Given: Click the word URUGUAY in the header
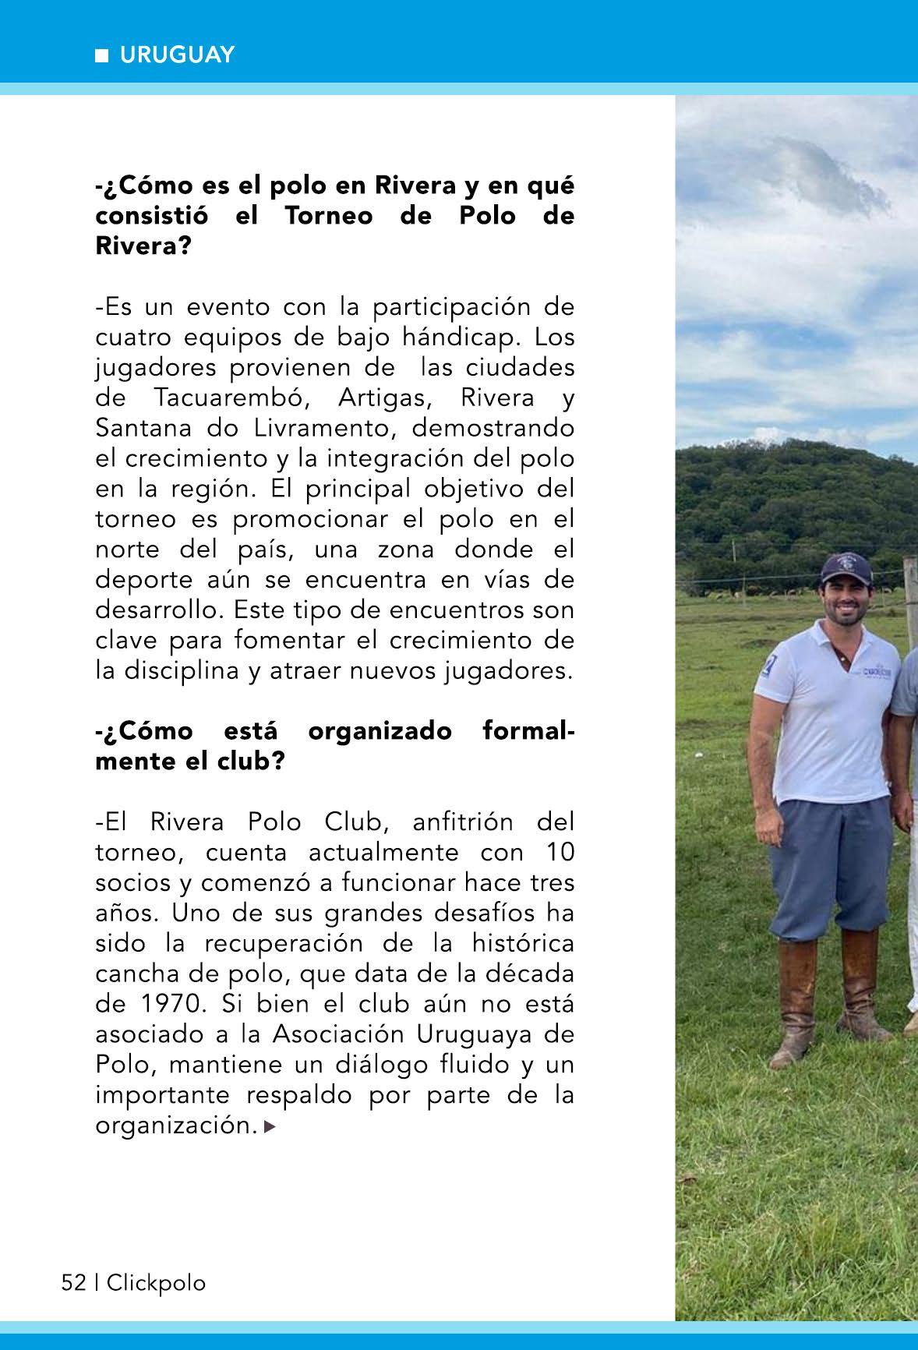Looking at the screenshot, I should [177, 55].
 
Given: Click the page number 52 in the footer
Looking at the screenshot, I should [73, 1282].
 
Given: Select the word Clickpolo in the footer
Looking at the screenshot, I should [157, 1282].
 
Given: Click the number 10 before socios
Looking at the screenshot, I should [559, 852].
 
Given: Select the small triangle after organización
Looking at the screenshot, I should [270, 1126].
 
